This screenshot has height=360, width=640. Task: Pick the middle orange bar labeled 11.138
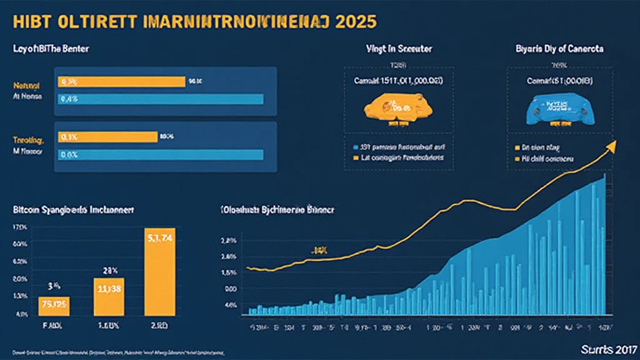pos(109,296)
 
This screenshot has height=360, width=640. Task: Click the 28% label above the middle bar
pos(111,270)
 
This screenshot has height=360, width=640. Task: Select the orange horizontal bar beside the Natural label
pos(121,81)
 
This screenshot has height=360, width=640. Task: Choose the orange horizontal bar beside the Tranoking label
pos(107,136)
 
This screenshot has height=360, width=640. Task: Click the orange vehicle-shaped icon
pos(389,106)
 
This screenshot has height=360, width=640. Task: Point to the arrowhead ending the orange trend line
pos(611,145)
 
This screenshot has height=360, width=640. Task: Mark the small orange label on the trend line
pos(320,249)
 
